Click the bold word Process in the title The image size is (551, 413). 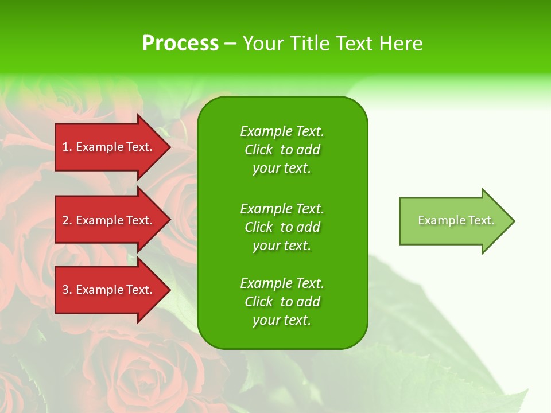(x=180, y=44)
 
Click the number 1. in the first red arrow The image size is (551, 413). (x=67, y=147)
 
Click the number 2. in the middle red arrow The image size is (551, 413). (x=67, y=220)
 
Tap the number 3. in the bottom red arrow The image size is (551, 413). (x=67, y=290)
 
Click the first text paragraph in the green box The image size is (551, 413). (x=282, y=150)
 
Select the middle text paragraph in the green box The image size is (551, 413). (x=282, y=227)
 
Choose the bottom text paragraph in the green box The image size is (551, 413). (x=282, y=302)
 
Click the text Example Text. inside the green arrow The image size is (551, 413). (x=456, y=220)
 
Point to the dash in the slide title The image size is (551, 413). (x=230, y=44)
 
